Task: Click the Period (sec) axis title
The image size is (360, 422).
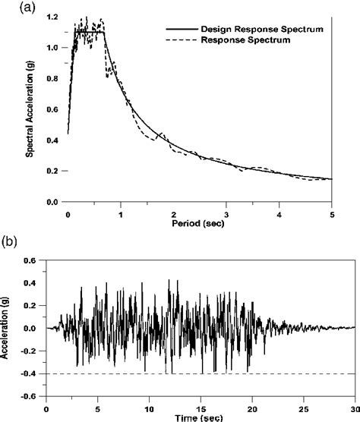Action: [198, 226]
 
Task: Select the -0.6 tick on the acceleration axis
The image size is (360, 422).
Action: [33, 395]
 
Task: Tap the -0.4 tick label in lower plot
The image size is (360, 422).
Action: [33, 373]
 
